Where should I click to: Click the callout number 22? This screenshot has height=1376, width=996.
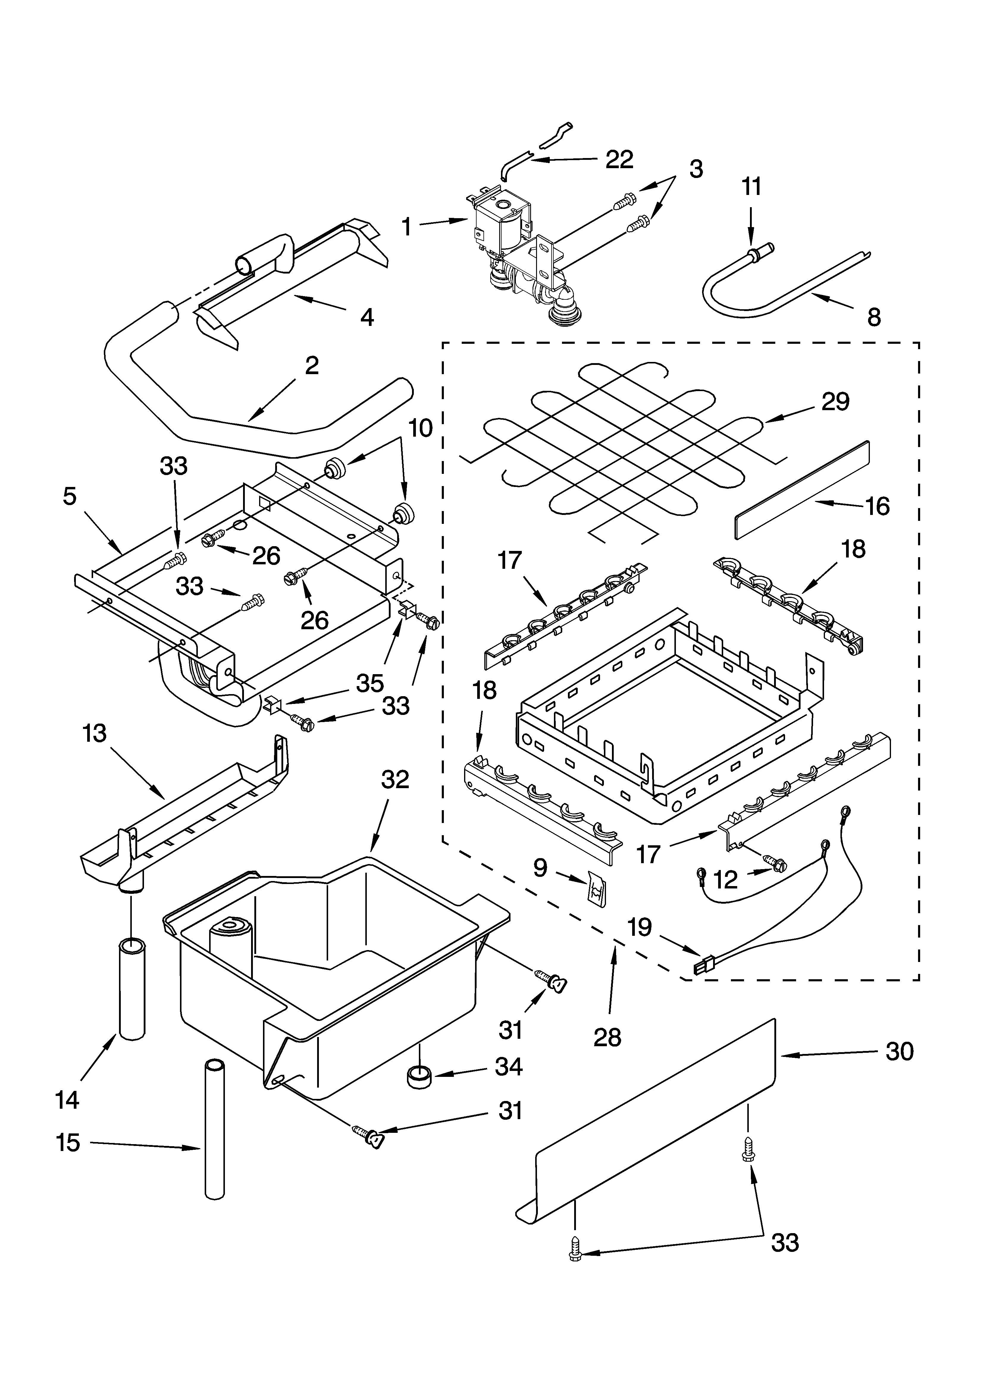[x=619, y=160]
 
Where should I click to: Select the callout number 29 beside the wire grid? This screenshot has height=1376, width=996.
[x=835, y=402]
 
